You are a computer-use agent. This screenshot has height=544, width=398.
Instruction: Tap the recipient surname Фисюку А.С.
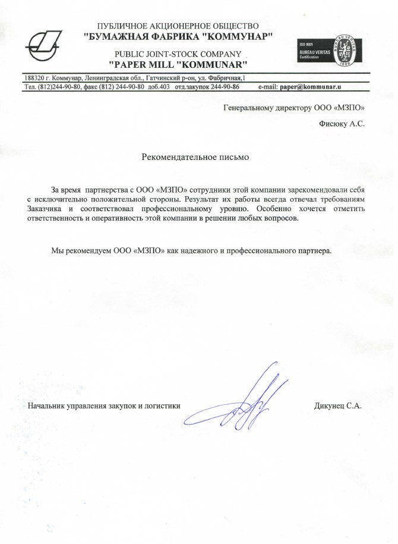tap(342, 124)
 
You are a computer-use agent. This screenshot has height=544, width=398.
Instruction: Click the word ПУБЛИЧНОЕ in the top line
tap(126, 26)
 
